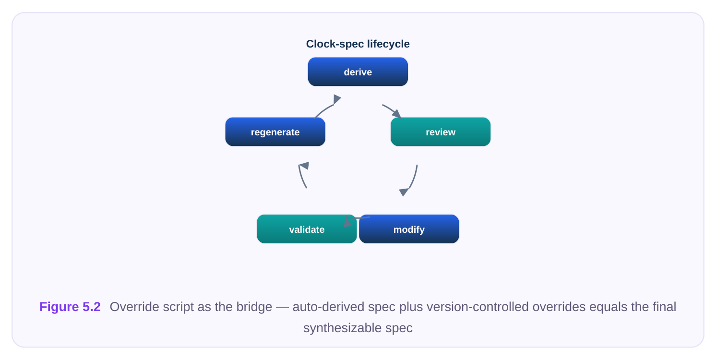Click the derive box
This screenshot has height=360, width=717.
(x=358, y=72)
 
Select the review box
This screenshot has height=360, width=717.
(x=441, y=132)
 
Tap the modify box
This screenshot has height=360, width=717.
(x=409, y=229)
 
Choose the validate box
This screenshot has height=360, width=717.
(x=307, y=229)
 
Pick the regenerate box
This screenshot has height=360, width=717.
(x=275, y=132)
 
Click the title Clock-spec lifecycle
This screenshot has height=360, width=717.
(x=358, y=44)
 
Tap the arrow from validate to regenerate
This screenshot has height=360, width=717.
(x=301, y=176)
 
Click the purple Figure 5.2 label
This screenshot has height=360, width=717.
(x=70, y=307)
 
